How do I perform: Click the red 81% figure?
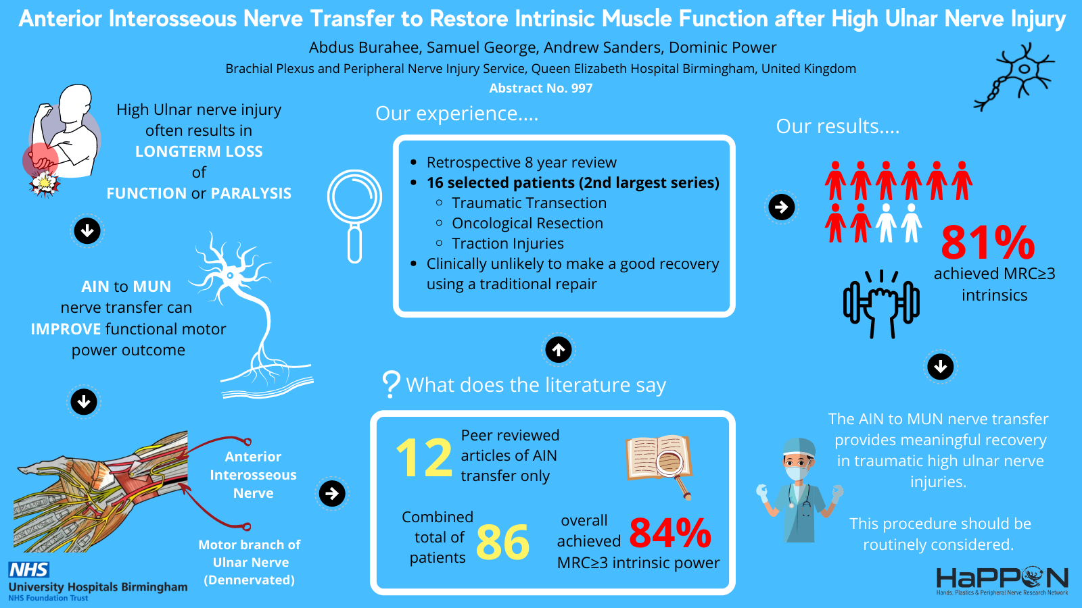(988, 243)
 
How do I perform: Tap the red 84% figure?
(670, 533)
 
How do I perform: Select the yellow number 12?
(423, 458)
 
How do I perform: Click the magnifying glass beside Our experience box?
(354, 216)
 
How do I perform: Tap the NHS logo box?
(28, 570)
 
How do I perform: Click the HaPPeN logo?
(1002, 582)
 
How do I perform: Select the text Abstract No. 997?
(540, 88)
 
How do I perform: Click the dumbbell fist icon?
(881, 304)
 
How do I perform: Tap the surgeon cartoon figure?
(799, 490)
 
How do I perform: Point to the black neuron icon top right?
(1014, 77)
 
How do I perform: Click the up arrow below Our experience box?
(559, 349)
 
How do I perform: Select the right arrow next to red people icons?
(782, 207)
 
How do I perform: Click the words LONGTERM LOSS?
(199, 151)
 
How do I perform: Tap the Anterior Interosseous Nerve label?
(253, 475)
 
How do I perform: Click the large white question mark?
(391, 384)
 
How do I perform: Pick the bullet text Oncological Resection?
(527, 224)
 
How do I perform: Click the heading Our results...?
(838, 126)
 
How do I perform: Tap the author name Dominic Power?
(723, 47)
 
